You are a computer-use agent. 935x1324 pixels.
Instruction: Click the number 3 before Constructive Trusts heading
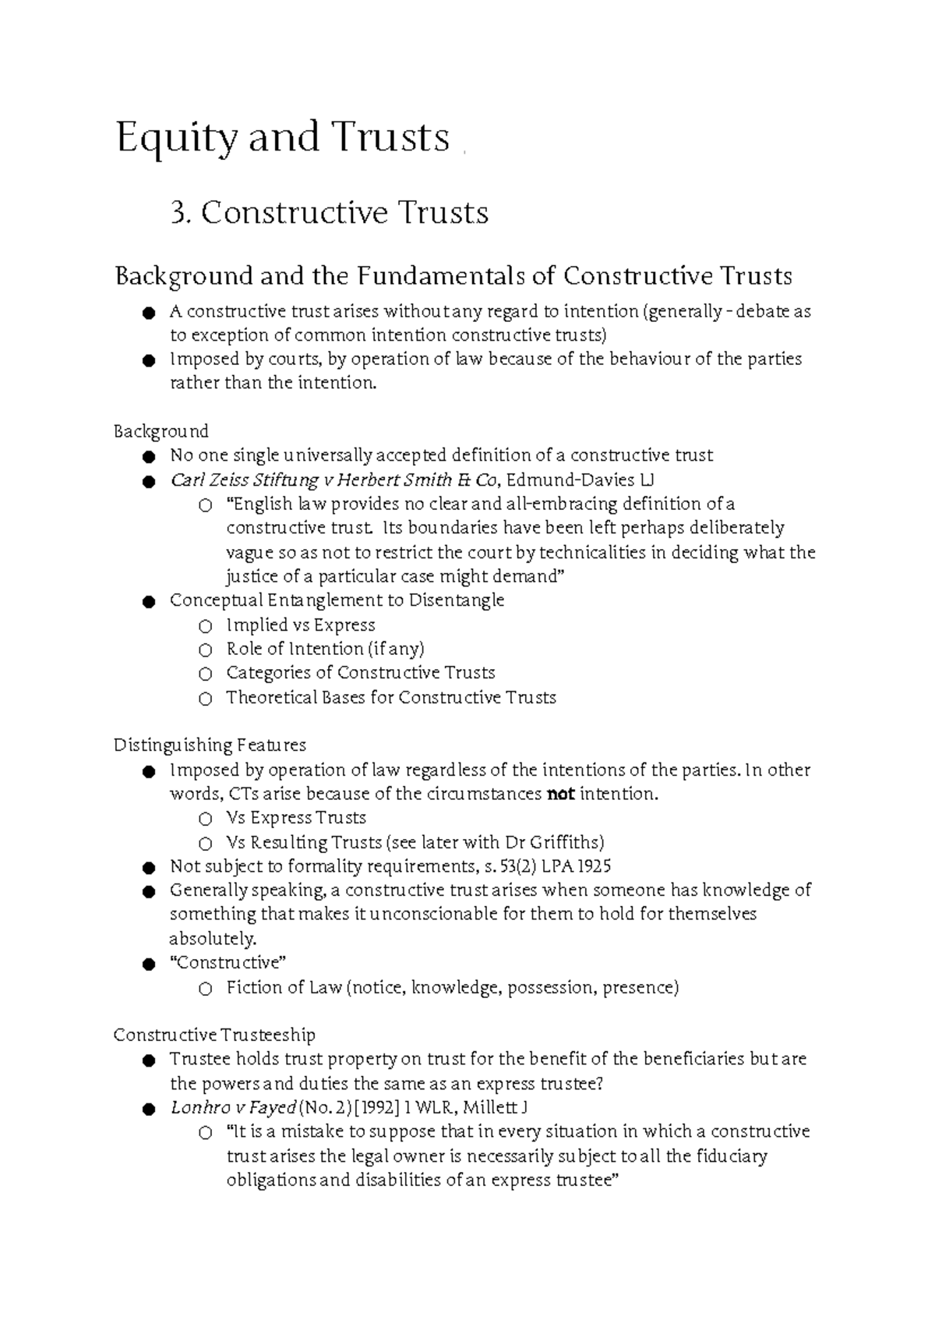click(179, 213)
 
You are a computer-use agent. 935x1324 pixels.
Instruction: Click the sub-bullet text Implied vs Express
click(300, 625)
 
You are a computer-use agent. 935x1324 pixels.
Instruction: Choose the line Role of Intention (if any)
click(325, 650)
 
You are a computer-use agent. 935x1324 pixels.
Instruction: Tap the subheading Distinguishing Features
click(210, 745)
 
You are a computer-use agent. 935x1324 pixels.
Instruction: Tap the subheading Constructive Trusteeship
click(214, 1035)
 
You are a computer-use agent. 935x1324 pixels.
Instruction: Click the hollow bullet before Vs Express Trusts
click(205, 820)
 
